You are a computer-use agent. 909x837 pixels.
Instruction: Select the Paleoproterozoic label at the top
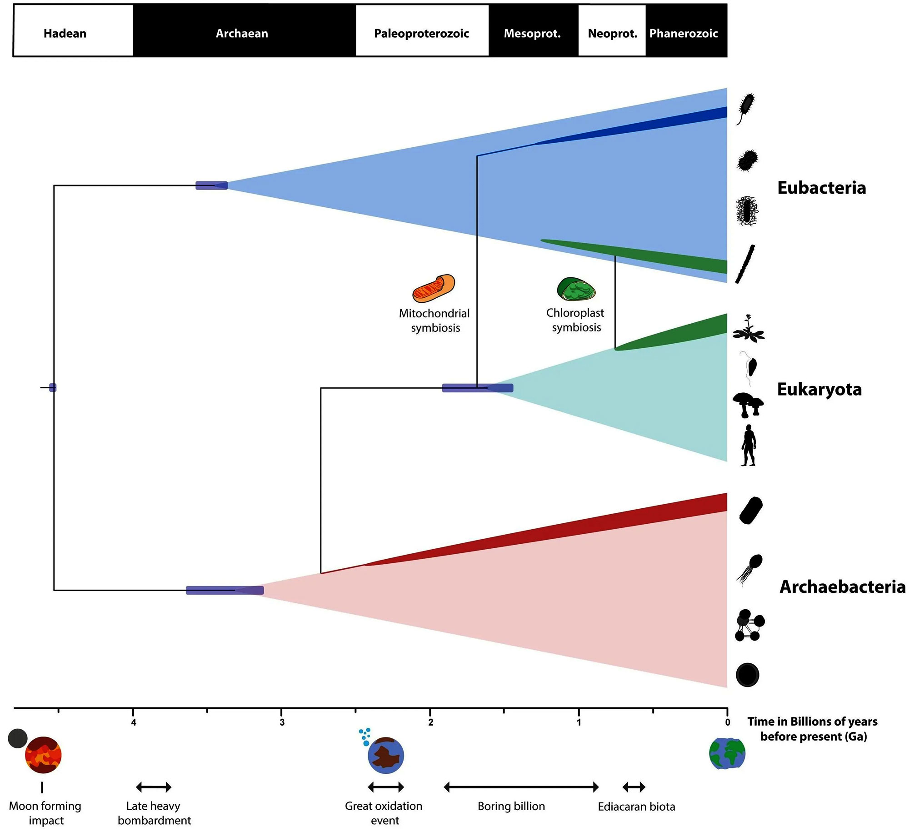[421, 33]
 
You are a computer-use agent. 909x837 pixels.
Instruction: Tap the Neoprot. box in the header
[612, 33]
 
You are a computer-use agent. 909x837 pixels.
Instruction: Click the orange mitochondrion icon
[434, 289]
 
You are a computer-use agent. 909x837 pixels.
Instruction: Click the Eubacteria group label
[821, 188]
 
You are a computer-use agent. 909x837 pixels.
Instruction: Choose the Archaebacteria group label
[842, 587]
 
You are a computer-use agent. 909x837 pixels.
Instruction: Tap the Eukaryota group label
[819, 389]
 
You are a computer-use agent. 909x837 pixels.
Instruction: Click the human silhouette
[748, 446]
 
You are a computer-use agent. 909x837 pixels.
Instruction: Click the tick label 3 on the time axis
[282, 722]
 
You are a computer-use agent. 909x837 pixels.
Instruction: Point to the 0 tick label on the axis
[727, 722]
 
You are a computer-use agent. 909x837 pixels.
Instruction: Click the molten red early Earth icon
[43, 755]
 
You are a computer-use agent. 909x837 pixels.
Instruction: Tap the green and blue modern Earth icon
[727, 754]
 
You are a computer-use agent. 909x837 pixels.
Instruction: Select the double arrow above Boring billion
[521, 787]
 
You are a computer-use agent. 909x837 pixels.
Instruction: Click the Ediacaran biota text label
[636, 807]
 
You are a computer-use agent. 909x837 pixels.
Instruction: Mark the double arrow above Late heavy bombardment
[154, 787]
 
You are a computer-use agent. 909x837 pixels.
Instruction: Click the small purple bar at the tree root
[53, 387]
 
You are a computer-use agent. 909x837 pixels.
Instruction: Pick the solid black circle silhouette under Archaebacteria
[747, 675]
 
